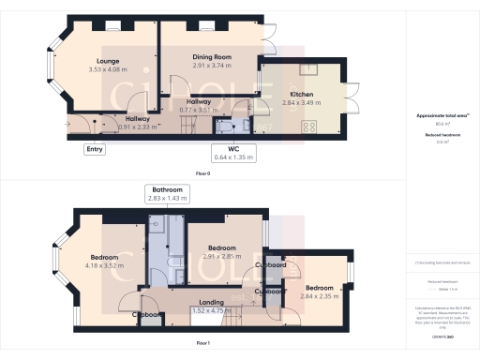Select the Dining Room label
(x=212, y=56)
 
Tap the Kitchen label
(x=301, y=95)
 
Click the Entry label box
(x=95, y=148)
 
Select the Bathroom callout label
(x=166, y=188)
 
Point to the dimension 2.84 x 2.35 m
(x=320, y=296)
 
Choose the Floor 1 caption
(x=202, y=344)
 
